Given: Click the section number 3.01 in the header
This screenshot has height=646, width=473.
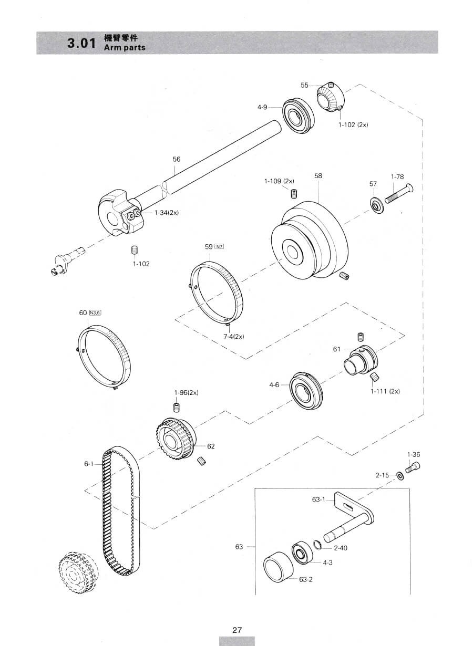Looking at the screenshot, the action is pyautogui.click(x=81, y=43).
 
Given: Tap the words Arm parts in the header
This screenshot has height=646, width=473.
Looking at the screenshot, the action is pyautogui.click(x=125, y=48).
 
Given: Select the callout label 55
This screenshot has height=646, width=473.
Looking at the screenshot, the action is pyautogui.click(x=304, y=85).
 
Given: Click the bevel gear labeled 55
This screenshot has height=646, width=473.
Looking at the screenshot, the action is pyautogui.click(x=331, y=97).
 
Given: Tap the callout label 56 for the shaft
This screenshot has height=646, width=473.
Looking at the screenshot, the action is pyautogui.click(x=177, y=159).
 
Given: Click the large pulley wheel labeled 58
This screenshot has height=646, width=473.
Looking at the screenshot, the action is pyautogui.click(x=310, y=240).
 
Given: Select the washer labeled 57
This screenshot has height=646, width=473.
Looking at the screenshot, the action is pyautogui.click(x=376, y=204).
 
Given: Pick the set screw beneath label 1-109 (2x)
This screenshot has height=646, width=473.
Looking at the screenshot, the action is pyautogui.click(x=294, y=193).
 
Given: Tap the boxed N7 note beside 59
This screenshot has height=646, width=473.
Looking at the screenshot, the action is pyautogui.click(x=220, y=246).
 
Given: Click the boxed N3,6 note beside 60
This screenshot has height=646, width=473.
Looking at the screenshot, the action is pyautogui.click(x=95, y=312).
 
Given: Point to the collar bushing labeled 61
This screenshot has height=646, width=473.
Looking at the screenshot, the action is pyautogui.click(x=361, y=360).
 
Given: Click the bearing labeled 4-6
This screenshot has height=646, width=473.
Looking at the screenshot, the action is pyautogui.click(x=306, y=390).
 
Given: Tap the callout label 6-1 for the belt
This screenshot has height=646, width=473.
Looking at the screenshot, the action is pyautogui.click(x=89, y=464).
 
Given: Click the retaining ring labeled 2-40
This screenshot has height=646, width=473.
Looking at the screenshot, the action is pyautogui.click(x=317, y=545).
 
